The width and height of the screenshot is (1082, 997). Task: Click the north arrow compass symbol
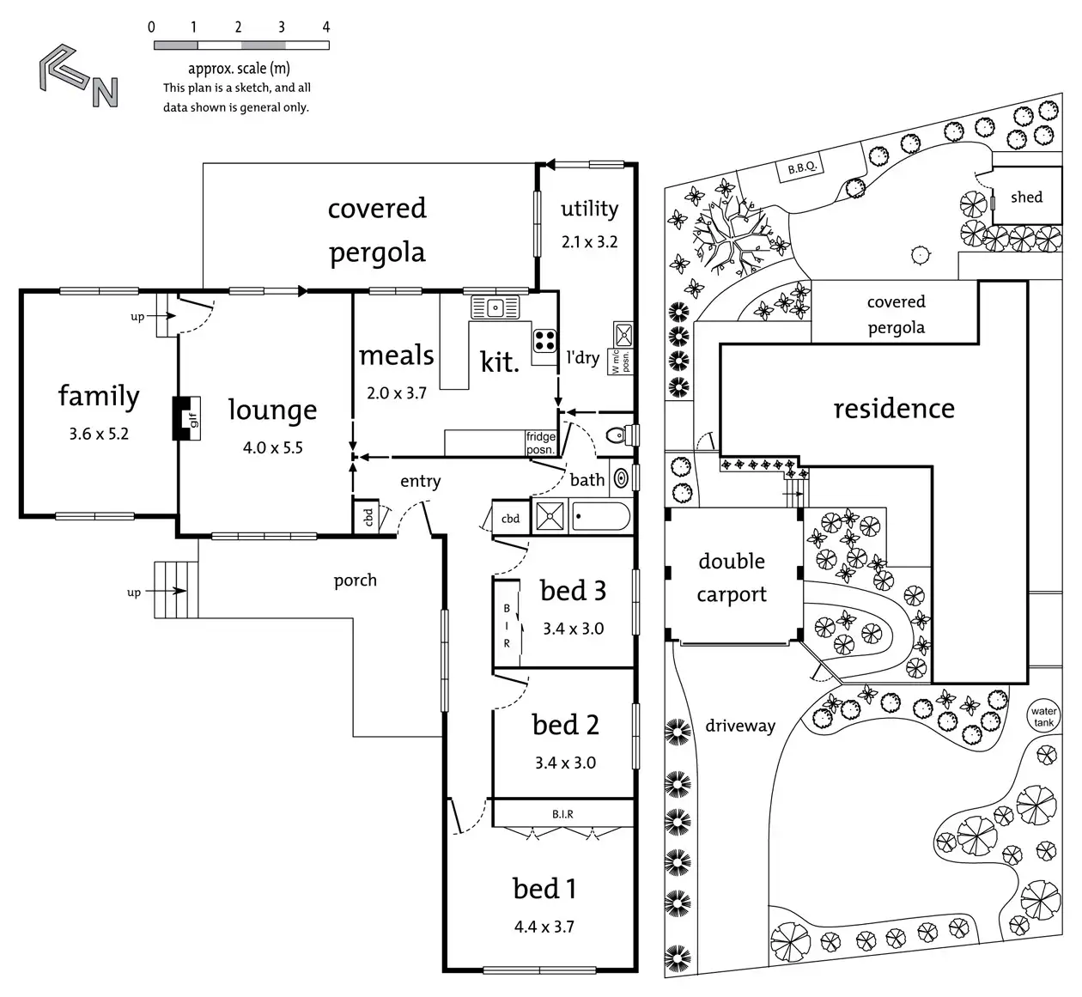coord(78,80)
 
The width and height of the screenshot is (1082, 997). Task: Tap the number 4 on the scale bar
coord(325,27)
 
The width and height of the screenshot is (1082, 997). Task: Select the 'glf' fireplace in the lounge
coord(188,419)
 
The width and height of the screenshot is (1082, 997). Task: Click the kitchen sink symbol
coord(495,307)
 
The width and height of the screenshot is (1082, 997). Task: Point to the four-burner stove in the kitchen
coord(544,340)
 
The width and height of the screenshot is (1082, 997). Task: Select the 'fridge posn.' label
coord(540,443)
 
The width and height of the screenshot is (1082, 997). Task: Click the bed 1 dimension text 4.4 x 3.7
coord(544,927)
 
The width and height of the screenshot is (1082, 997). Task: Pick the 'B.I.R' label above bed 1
coord(562,814)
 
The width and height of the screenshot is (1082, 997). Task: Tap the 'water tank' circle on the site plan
coord(1043,717)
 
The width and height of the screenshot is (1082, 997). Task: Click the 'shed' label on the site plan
coord(1026,198)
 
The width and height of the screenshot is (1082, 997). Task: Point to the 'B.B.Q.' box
coord(801,168)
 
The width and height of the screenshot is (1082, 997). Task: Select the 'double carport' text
coord(732,577)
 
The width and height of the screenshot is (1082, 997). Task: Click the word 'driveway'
coord(739,726)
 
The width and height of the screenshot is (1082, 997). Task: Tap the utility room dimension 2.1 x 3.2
coord(589,242)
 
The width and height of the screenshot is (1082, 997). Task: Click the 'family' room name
coord(99,396)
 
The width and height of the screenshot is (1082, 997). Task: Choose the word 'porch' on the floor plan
coord(355,581)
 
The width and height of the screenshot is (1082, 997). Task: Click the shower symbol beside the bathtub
coord(548,517)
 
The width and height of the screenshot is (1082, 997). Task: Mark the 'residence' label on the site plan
coord(893,409)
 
